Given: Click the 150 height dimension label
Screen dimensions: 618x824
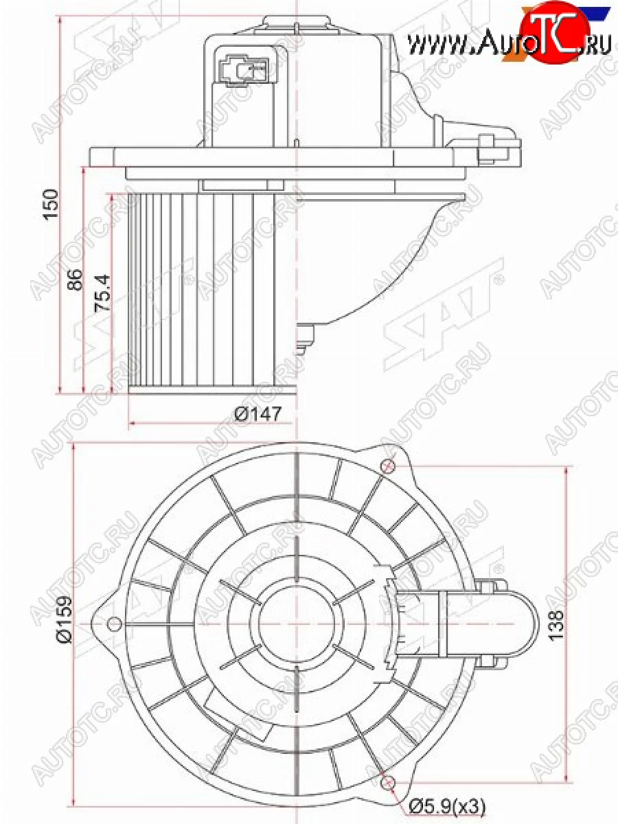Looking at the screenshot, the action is click(50, 204).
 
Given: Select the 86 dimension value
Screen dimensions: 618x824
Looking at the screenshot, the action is click(75, 279).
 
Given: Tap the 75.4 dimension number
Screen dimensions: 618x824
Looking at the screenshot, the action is click(103, 293).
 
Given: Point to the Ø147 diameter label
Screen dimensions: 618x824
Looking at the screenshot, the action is click(257, 414).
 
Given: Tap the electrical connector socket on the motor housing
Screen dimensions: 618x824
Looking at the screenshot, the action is click(244, 71).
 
